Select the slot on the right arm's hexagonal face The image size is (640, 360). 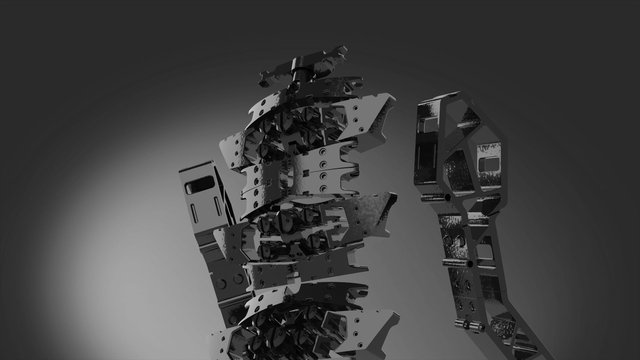[x=489, y=163]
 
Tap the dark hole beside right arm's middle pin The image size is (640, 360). [x=470, y=265]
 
